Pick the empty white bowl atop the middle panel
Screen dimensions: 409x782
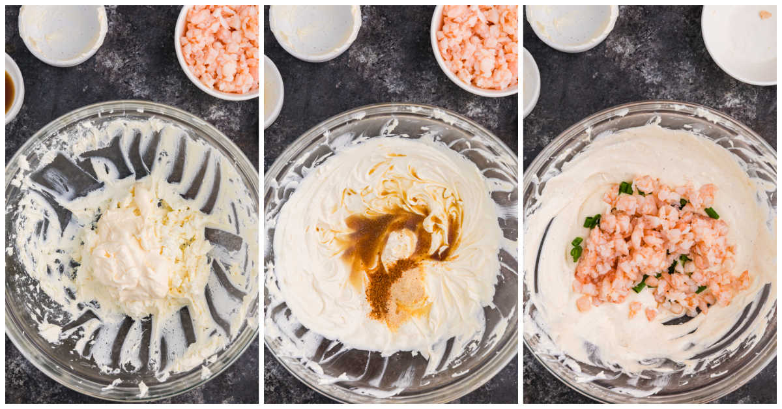315,31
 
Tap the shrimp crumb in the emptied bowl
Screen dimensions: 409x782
764,14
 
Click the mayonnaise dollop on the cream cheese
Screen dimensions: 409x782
127,251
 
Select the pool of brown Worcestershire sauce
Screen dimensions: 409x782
368,244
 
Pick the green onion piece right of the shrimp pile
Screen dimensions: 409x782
712,213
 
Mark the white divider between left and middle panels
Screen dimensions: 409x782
261,204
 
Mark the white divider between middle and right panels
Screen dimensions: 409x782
521,204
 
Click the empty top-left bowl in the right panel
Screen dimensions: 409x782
572,27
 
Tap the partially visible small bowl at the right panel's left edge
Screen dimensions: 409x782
530,81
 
